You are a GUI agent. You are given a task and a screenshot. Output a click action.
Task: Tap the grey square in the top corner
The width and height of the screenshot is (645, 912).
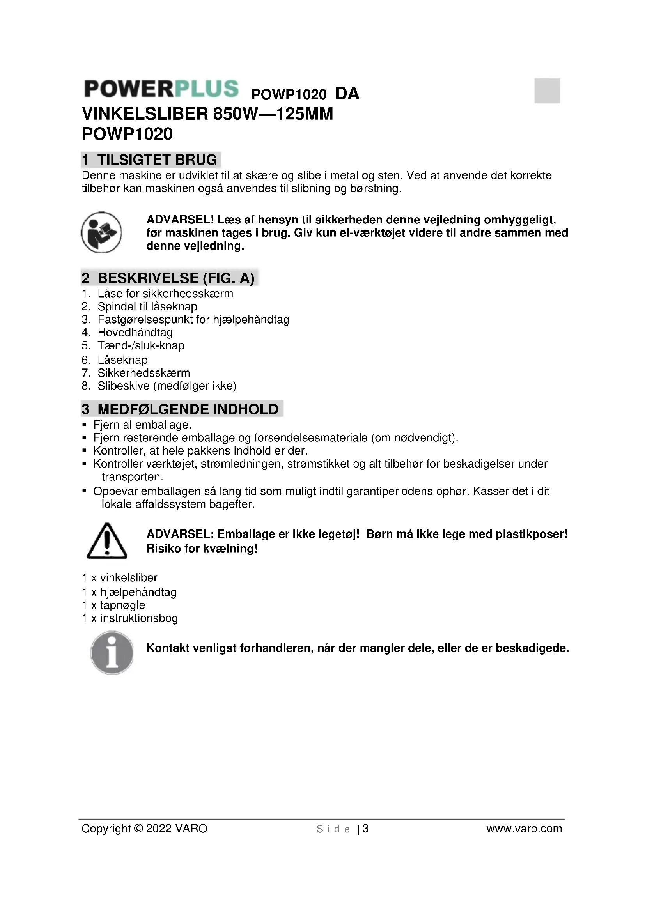pos(546,90)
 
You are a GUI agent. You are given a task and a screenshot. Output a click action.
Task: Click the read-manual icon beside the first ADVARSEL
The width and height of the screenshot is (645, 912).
pos(101,232)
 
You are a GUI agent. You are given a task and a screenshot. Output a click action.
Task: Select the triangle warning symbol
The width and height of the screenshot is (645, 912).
pos(106,541)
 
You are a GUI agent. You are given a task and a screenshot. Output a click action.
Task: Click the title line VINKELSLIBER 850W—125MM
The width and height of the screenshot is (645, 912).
pos(207,114)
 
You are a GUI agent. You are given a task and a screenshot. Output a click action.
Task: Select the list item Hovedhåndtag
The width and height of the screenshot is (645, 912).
pos(135,333)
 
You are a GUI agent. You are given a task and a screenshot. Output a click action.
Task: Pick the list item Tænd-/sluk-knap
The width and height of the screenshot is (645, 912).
pos(141,345)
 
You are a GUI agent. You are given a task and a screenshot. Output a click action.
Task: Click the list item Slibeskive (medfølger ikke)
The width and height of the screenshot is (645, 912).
pos(167,386)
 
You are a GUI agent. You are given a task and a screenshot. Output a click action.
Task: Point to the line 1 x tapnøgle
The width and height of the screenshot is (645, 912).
pos(113,606)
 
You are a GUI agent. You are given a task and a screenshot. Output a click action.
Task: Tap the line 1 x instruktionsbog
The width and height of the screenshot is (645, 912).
pos(130,618)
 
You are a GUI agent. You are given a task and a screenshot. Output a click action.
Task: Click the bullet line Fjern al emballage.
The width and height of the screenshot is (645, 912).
pos(142,425)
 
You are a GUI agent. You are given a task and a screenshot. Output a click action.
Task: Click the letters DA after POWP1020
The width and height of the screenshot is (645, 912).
pos(347,94)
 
